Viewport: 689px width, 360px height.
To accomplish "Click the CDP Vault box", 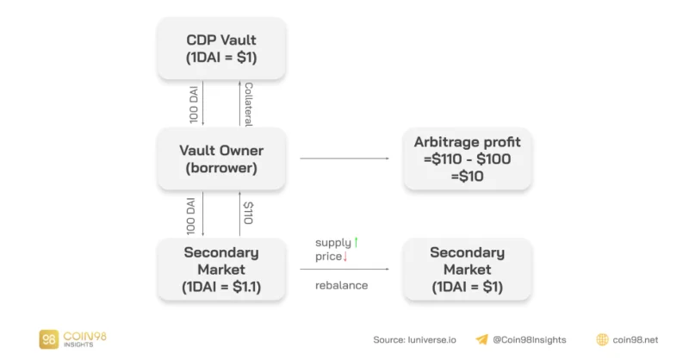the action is click(x=221, y=48).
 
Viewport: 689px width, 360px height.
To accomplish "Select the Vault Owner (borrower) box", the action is click(x=221, y=158).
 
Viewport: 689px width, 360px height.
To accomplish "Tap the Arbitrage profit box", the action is click(x=467, y=158).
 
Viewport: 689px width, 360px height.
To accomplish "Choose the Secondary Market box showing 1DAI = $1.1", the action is click(x=221, y=269).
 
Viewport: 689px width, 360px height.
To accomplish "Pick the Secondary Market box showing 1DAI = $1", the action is click(x=467, y=269).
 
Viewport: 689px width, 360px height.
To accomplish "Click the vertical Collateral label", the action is click(x=248, y=104).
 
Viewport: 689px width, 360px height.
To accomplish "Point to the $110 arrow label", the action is click(x=248, y=213).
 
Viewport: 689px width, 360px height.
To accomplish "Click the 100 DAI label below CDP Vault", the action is click(x=194, y=104).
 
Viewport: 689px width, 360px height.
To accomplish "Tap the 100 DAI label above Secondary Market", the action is click(x=190, y=216).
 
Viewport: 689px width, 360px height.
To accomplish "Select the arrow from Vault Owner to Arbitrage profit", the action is click(x=344, y=158).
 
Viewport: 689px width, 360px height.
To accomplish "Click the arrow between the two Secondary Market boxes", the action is click(x=344, y=269).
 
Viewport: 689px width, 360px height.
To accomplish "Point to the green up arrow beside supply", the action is click(x=356, y=242).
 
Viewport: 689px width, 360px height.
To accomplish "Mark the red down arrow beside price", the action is click(x=345, y=257).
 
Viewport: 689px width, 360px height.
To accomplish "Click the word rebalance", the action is click(x=341, y=285).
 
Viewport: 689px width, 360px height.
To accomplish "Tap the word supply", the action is click(x=333, y=243).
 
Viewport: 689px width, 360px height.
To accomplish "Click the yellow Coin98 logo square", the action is click(x=49, y=339).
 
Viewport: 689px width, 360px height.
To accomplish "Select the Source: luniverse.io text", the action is click(x=414, y=340).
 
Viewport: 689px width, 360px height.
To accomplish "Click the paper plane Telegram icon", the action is click(x=482, y=339).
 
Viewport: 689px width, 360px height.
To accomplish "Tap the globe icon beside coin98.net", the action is click(x=602, y=339).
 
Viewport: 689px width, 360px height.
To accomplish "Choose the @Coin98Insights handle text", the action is click(x=530, y=340).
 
